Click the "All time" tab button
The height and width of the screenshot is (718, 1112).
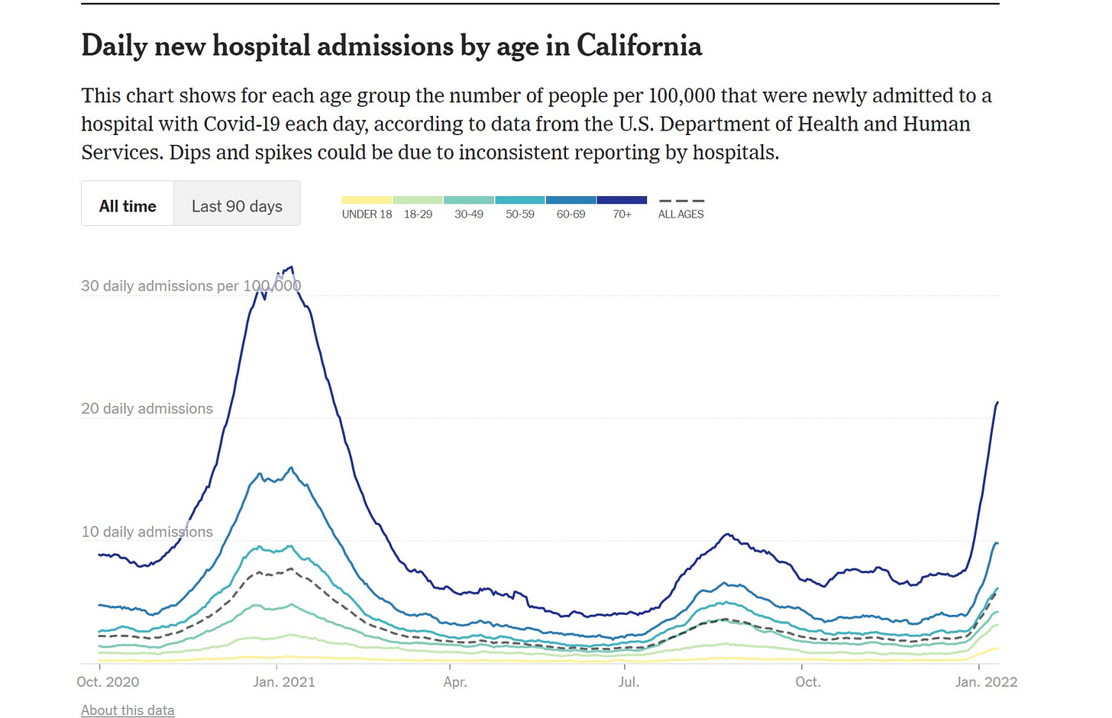pyautogui.click(x=128, y=206)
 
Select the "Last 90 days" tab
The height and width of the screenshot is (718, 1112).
pyautogui.click(x=237, y=206)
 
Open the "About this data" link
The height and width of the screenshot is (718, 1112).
pyautogui.click(x=128, y=710)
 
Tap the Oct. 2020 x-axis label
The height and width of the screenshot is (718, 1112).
pyautogui.click(x=108, y=682)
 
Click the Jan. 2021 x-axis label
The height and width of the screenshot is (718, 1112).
pyautogui.click(x=284, y=682)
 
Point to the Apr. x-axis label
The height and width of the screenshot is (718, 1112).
pyautogui.click(x=455, y=682)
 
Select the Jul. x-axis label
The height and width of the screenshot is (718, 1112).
pyautogui.click(x=629, y=682)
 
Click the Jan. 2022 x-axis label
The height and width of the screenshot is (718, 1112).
pyautogui.click(x=986, y=682)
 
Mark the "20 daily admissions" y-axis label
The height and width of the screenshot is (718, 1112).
pyautogui.click(x=147, y=409)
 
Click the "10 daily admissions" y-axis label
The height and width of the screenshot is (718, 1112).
pyautogui.click(x=147, y=532)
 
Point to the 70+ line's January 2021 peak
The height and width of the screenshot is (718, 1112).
pyautogui.click(x=291, y=267)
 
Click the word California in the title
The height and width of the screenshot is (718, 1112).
pyautogui.click(x=638, y=46)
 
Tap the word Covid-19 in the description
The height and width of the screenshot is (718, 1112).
pyautogui.click(x=241, y=124)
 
